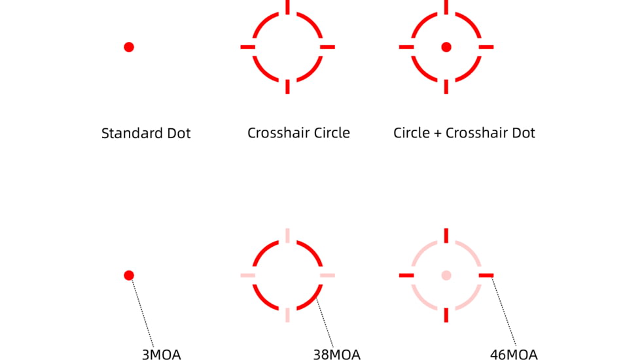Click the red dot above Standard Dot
tap(129, 47)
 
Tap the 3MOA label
tap(161, 355)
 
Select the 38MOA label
tap(336, 355)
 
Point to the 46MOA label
tap(514, 355)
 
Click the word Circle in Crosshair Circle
tap(330, 133)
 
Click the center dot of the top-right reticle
tap(446, 47)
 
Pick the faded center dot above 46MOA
tap(446, 275)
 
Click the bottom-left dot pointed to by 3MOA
tap(129, 275)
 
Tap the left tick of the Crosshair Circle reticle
tap(247, 47)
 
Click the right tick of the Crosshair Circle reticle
tap(327, 47)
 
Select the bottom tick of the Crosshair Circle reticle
tap(287, 86)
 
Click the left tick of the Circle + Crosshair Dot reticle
tap(406, 47)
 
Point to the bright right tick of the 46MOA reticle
tap(486, 275)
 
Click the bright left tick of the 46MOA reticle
tap(406, 275)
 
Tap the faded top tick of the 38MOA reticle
tap(287, 236)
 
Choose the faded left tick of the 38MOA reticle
tap(247, 275)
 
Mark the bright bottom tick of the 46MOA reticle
tap(446, 314)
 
